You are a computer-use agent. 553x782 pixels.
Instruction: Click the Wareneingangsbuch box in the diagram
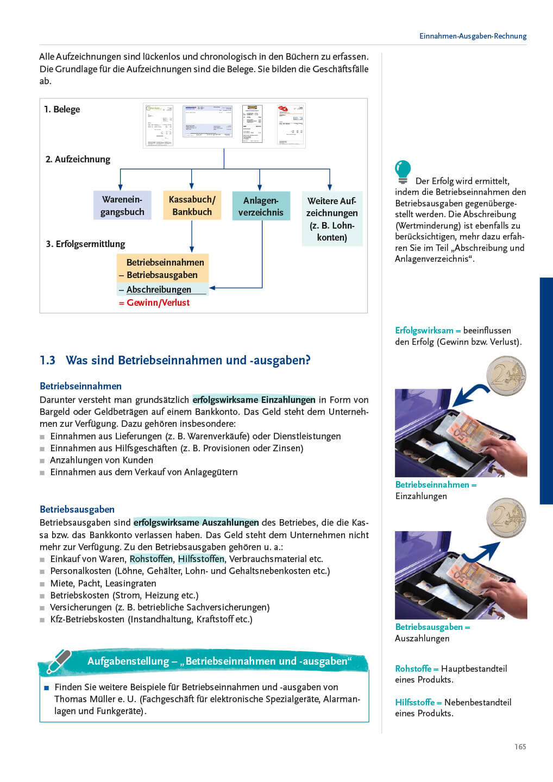tap(122, 205)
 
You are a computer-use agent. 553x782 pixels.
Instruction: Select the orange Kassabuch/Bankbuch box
tap(192, 205)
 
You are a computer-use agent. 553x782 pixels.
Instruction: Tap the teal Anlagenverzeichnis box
tap(261, 206)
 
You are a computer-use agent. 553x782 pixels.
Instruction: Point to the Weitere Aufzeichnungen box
tap(332, 219)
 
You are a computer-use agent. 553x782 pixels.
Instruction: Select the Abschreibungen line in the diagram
tap(159, 289)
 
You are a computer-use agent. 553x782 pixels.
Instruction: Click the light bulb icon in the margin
tap(403, 172)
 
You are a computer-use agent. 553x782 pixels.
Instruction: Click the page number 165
tap(520, 747)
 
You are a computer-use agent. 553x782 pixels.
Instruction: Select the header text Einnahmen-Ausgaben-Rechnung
tap(473, 36)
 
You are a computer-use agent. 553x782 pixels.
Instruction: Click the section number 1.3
tap(47, 360)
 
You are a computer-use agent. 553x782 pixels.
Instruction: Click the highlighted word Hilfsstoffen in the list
tap(201, 559)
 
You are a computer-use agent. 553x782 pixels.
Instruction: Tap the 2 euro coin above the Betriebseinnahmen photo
tap(506, 376)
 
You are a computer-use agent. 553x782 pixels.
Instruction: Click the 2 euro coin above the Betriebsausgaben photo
tap(506, 518)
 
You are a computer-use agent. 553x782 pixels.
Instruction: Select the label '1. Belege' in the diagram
tap(62, 109)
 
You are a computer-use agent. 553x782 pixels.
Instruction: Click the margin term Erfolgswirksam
tap(424, 330)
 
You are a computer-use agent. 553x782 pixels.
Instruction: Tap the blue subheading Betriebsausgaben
tap(77, 509)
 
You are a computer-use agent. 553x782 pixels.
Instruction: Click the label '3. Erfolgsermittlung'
tap(85, 244)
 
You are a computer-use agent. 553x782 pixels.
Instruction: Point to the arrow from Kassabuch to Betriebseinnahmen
tap(192, 237)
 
